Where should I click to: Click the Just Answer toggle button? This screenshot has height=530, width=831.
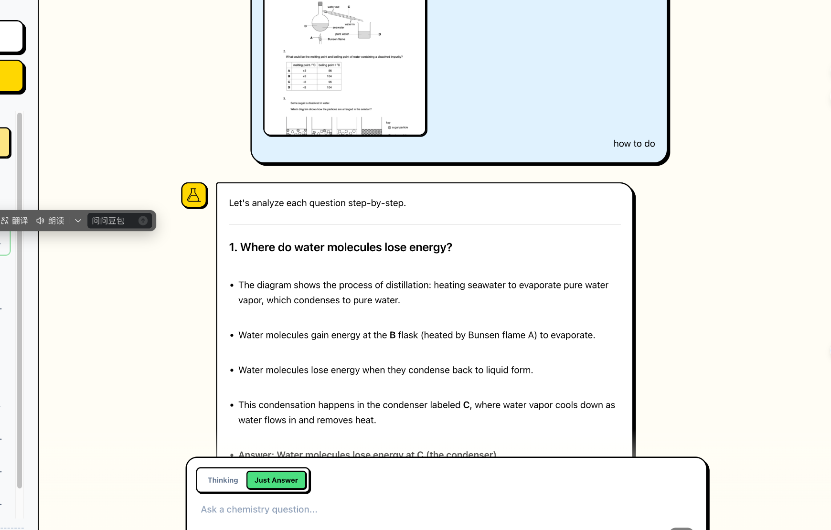(276, 480)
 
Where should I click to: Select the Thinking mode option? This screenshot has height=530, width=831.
(223, 480)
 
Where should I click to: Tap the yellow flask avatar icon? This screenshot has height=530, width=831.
(194, 195)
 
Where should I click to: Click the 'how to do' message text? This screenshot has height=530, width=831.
(634, 144)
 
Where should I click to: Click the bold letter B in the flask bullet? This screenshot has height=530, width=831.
(393, 335)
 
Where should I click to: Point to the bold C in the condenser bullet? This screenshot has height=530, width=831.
(466, 405)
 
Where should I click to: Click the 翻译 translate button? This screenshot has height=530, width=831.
(15, 221)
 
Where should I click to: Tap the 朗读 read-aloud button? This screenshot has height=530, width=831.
(50, 221)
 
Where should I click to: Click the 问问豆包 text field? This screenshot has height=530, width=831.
(113, 221)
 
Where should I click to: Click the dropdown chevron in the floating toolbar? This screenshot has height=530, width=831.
(78, 221)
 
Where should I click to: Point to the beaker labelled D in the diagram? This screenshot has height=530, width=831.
(364, 32)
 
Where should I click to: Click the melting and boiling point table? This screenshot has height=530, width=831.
(314, 76)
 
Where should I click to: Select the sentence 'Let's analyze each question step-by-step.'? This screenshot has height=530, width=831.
(317, 203)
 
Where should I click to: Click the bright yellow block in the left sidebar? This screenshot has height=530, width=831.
(11, 76)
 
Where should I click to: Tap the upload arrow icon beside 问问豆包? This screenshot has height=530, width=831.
(143, 221)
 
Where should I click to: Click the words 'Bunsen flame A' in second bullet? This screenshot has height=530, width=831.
(502, 335)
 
